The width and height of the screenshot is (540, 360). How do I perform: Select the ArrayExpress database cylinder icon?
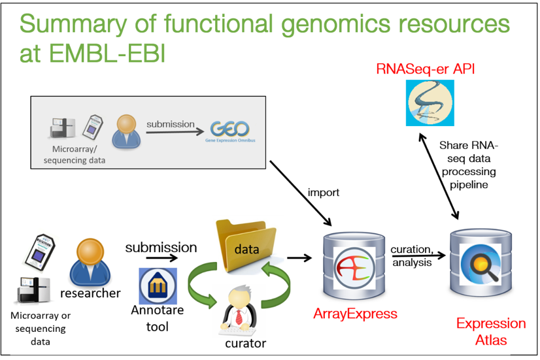(x=353, y=265)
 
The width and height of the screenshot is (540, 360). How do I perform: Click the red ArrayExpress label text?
(x=355, y=314)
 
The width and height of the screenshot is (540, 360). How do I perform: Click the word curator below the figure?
(x=245, y=343)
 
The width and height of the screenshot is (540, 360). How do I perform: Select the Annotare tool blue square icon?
(x=158, y=286)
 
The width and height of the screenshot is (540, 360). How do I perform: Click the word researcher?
(x=90, y=293)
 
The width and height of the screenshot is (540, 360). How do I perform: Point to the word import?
(x=323, y=193)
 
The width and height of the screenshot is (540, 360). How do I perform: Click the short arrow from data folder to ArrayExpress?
(x=299, y=257)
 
